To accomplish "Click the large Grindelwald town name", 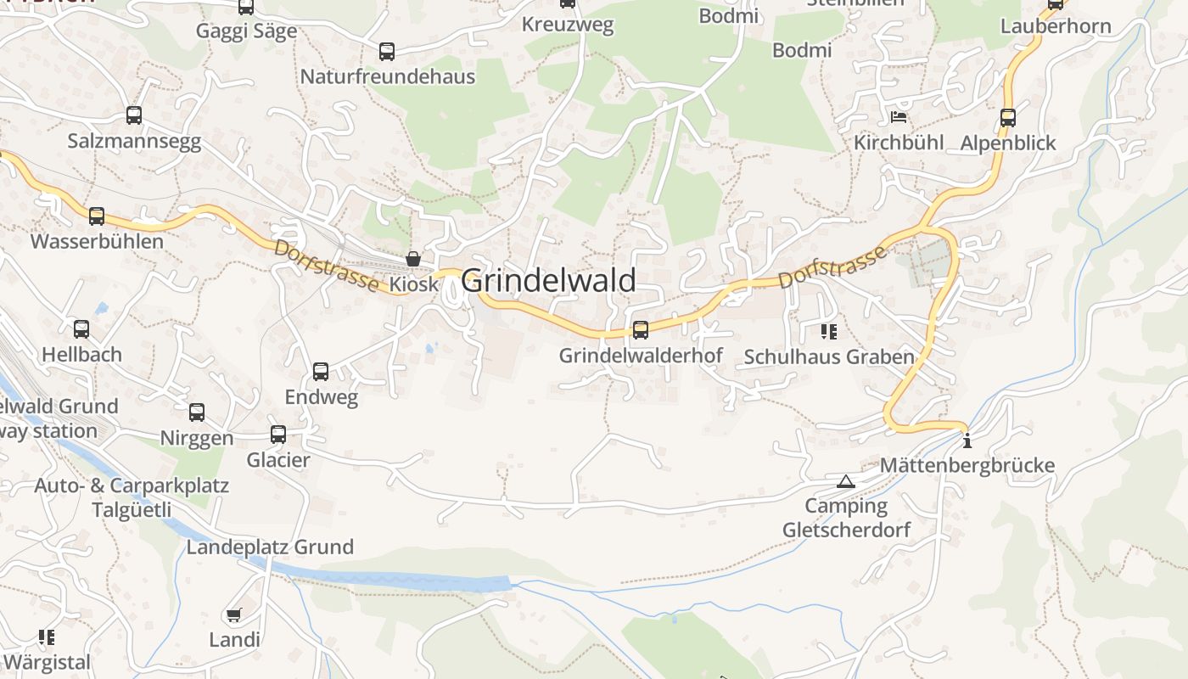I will (549, 280).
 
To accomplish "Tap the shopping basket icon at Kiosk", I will (413, 259).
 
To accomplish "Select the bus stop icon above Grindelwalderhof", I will (641, 329).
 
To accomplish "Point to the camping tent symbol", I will (845, 482).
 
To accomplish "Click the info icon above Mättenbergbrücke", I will (967, 441).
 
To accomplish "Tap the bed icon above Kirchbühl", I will (899, 116).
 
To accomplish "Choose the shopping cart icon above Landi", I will (233, 614).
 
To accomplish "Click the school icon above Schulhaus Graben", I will (828, 332).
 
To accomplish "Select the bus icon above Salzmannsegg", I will (134, 115).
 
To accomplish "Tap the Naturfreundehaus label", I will (388, 76).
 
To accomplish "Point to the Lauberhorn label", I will (1056, 26).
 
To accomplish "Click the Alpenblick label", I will (1008, 143).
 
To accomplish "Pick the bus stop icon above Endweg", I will (321, 371).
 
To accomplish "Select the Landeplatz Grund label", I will (270, 547).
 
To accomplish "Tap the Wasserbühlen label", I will (97, 241).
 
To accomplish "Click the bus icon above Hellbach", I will (81, 328).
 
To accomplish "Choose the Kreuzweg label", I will (568, 25).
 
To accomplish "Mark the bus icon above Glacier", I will (278, 435).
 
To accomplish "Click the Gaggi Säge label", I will (246, 31).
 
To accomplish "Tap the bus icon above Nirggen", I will (197, 412).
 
